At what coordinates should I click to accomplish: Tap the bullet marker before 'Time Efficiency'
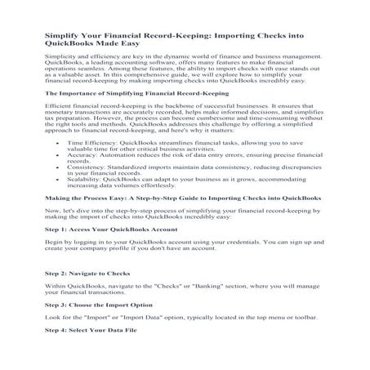[x=56, y=164]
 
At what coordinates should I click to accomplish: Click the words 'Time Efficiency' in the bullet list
[x=87, y=164]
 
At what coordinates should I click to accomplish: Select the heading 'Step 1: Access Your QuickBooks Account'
[x=106, y=253]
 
